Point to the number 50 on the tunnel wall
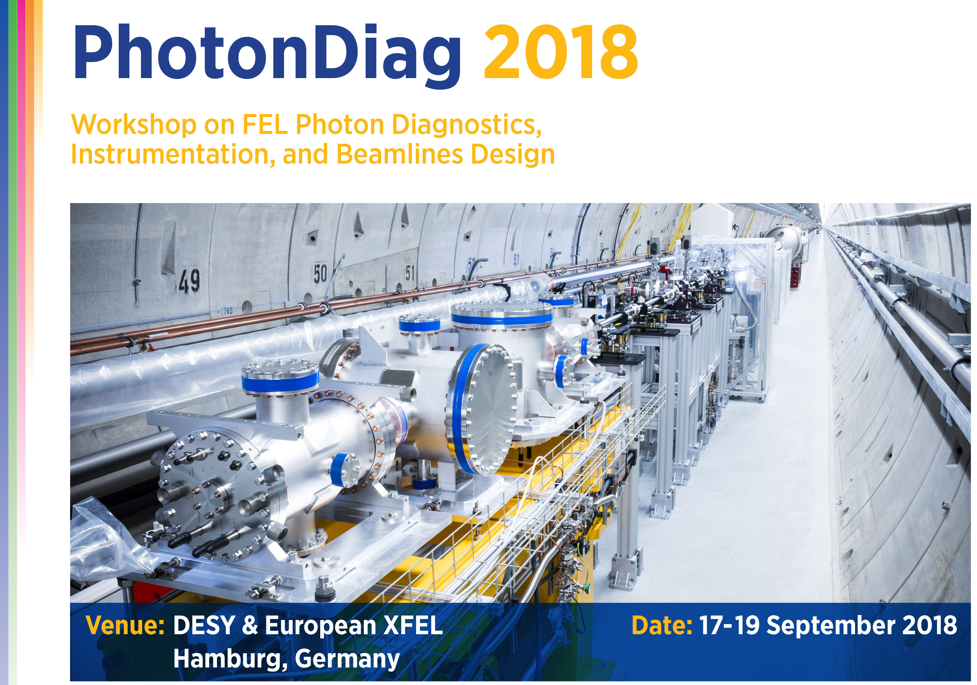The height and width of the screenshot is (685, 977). pyautogui.click(x=320, y=274)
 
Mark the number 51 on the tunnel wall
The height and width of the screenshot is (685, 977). pyautogui.click(x=410, y=273)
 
